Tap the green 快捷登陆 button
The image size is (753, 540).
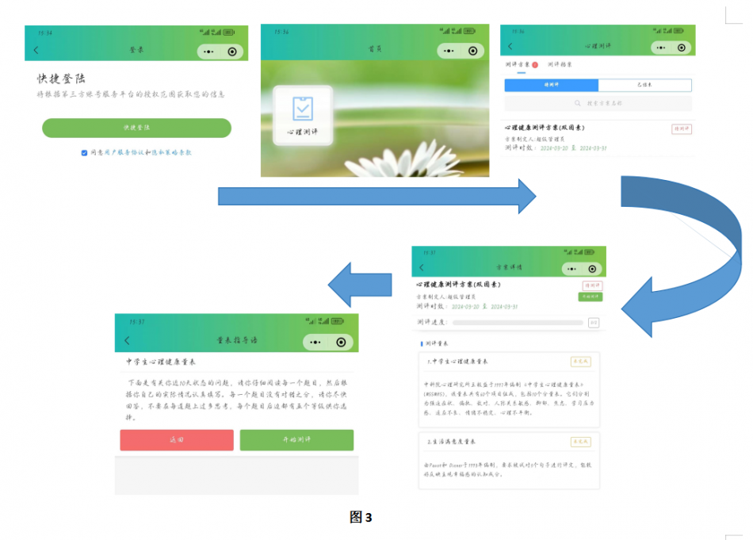click(136, 128)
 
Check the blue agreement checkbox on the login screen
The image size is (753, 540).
click(84, 153)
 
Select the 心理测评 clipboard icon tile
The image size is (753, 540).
click(302, 115)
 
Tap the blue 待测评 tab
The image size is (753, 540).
click(552, 85)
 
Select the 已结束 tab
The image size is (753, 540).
click(644, 85)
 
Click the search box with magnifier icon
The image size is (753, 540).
click(598, 104)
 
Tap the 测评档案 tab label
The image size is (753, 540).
click(560, 65)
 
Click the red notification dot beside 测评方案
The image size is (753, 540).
click(535, 65)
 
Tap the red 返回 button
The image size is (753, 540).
click(177, 440)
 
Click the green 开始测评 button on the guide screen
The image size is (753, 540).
click(296, 440)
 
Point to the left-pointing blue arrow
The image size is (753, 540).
click(360, 285)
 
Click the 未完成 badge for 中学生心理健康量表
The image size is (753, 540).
click(580, 362)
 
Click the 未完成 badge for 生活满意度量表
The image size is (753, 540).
click(580, 442)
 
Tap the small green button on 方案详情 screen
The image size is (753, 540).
click(590, 297)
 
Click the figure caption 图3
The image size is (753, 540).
click(361, 517)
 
